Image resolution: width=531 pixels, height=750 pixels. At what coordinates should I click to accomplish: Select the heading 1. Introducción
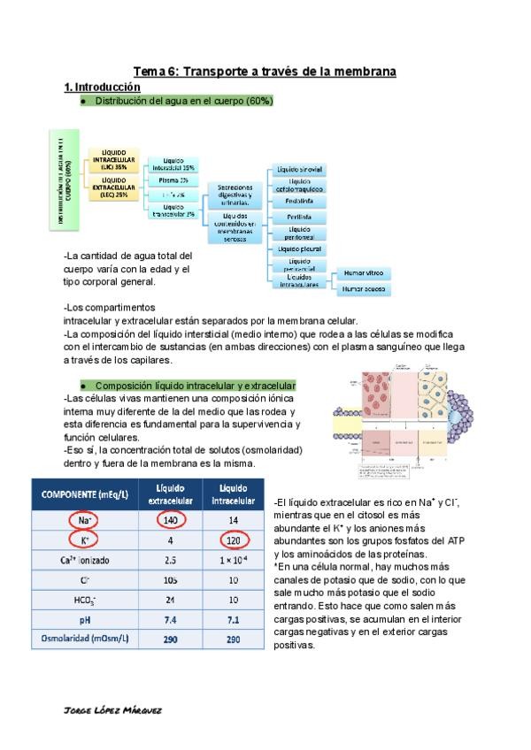click(103, 88)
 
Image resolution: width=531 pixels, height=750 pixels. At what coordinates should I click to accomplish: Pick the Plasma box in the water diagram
click(173, 180)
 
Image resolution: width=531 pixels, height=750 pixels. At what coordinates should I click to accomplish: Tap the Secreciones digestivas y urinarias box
click(236, 194)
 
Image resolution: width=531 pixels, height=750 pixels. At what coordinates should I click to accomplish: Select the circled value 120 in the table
click(234, 540)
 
